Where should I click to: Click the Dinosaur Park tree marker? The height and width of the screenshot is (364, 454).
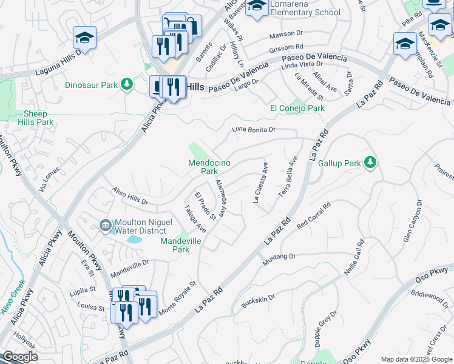pos(127,84)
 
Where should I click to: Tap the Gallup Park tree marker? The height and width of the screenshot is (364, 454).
pos(370,162)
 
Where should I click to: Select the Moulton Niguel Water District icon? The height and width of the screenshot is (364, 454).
pos(106,226)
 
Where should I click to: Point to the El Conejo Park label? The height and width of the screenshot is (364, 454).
pos(297,108)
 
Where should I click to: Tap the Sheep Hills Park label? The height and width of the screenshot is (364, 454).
pos(38,118)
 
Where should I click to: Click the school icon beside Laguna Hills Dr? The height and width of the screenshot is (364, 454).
pos(84,38)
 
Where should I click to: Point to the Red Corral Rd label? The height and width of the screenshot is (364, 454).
pos(313,215)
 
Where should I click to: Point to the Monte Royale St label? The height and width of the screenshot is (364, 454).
pos(178,297)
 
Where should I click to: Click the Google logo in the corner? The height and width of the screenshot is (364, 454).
pos(20,357)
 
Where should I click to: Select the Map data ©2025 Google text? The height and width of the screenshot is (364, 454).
pos(416,359)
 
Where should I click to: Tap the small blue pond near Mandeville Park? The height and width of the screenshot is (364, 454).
pos(134,240)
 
